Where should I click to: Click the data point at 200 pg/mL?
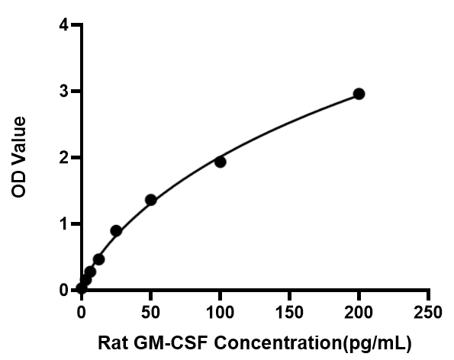pyautogui.click(x=359, y=94)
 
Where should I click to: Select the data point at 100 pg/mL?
pyautogui.click(x=221, y=162)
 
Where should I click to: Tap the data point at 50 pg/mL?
pyautogui.click(x=151, y=200)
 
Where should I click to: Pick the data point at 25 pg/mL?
pyautogui.click(x=116, y=231)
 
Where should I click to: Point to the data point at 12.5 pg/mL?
pyautogui.click(x=98, y=259)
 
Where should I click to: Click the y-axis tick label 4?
pyautogui.click(x=64, y=25)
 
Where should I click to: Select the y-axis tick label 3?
pyautogui.click(x=64, y=92)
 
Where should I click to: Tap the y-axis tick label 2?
pyautogui.click(x=64, y=158)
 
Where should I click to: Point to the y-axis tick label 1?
pyautogui.click(x=65, y=224)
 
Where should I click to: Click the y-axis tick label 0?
pyautogui.click(x=64, y=290)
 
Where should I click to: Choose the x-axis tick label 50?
pyautogui.click(x=150, y=313)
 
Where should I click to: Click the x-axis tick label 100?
pyautogui.click(x=220, y=313)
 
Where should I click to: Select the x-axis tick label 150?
pyautogui.click(x=289, y=313)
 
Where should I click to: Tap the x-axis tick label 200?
pyautogui.click(x=359, y=313)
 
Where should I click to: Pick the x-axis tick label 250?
pyautogui.click(x=428, y=313)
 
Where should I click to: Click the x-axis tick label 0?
pyautogui.click(x=82, y=313)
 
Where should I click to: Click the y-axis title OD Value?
pyautogui.click(x=19, y=157)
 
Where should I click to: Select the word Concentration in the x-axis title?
pyautogui.click(x=278, y=343)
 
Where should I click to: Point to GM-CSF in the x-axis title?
pyautogui.click(x=171, y=343)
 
